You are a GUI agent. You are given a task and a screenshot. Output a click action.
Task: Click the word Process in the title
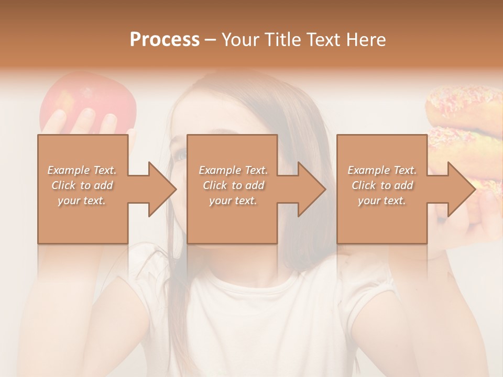[165, 40]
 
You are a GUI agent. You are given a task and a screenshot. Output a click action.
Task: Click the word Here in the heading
[365, 40]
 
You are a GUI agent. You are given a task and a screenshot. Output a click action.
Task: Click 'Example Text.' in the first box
[82, 170]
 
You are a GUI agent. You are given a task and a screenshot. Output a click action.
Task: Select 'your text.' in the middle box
[233, 201]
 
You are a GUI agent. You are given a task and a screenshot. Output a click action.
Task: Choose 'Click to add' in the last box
[382, 185]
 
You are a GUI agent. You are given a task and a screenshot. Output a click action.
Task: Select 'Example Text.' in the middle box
[233, 170]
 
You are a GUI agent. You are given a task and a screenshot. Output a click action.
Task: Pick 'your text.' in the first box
[82, 201]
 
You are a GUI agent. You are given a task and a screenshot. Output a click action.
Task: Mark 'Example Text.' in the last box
[382, 170]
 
